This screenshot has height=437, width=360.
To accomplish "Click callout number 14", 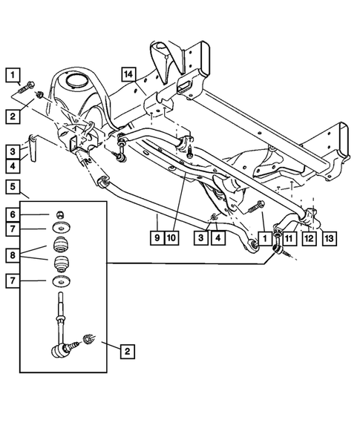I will click(x=128, y=73).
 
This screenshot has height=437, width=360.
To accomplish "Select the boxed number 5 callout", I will click(x=10, y=186).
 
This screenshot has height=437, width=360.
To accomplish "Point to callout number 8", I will click(x=10, y=254).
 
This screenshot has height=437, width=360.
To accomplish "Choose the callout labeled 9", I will click(x=157, y=238).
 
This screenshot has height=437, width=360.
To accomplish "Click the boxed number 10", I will click(x=171, y=238).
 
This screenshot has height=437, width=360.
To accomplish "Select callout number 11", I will click(x=287, y=238).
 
